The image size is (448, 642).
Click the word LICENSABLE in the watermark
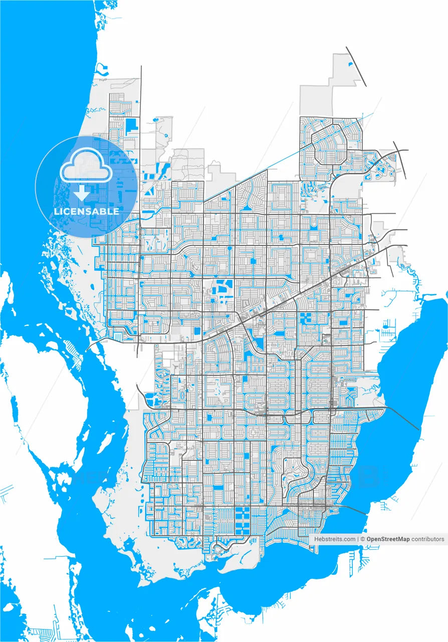[86, 211]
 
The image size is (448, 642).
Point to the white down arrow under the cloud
[82, 192]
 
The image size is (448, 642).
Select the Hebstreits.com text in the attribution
[335, 539]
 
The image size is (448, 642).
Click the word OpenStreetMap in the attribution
[388, 539]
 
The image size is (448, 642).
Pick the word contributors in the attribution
[427, 539]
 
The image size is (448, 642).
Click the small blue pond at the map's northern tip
[350, 64]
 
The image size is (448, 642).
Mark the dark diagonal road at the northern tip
[356, 67]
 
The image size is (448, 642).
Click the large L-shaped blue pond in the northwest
[131, 125]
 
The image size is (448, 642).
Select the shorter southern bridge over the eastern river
[354, 510]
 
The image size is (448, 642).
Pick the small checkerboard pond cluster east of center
[305, 317]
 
